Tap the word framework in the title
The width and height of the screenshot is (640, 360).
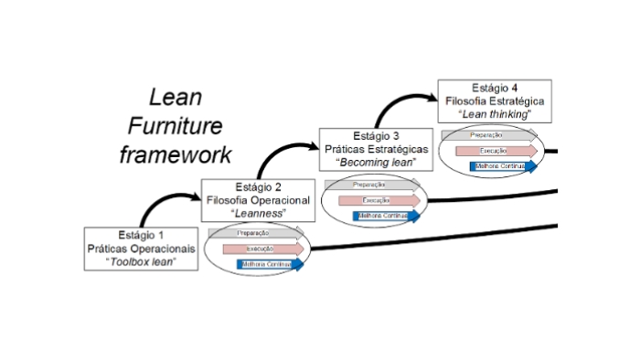click(175, 153)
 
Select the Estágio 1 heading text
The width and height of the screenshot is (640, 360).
click(143, 234)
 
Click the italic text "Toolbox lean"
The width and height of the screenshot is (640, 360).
click(143, 261)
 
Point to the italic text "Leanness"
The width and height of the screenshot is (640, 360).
click(259, 213)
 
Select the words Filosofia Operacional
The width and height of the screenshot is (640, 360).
click(259, 200)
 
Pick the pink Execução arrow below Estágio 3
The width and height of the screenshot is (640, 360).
click(379, 200)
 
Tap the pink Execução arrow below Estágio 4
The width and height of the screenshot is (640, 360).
click(495, 151)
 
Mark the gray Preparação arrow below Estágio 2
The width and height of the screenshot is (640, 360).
click(257, 233)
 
